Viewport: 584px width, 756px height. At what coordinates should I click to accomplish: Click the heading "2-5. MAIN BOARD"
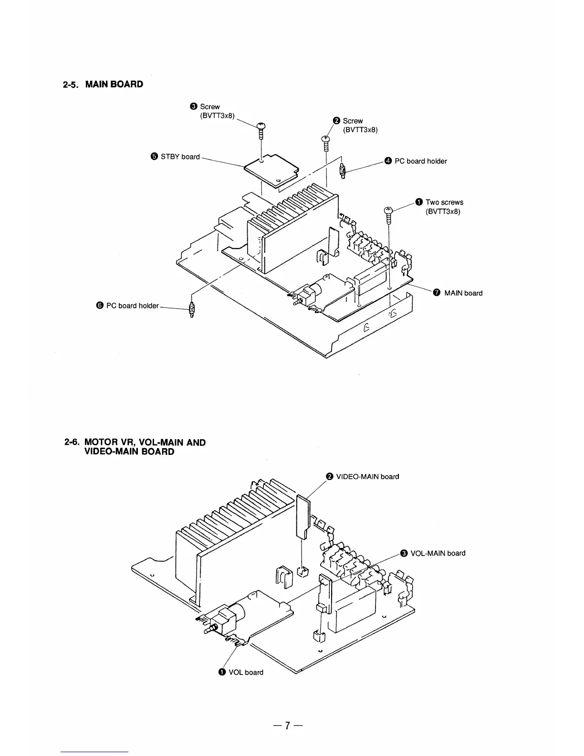point(103,84)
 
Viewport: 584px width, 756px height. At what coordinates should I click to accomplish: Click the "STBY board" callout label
point(180,157)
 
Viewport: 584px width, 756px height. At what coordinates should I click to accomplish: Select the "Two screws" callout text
point(444,202)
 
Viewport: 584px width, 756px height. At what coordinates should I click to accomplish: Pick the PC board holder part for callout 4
point(343,170)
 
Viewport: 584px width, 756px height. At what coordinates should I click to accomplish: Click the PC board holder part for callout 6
point(192,310)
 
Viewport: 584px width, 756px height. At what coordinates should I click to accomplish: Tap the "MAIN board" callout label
point(463,293)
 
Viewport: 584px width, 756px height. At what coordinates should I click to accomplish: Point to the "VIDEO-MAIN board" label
point(367,476)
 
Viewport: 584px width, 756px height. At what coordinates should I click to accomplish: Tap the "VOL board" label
point(246,672)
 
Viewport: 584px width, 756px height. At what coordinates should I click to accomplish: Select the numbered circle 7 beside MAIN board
point(436,293)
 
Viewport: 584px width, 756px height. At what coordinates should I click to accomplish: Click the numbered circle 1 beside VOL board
point(222,672)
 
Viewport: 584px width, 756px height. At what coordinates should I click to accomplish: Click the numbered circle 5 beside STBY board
point(154,157)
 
